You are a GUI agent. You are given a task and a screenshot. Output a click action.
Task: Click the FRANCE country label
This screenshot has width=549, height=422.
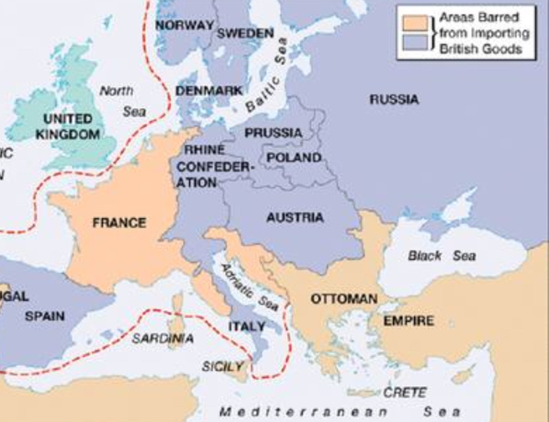pyautogui.click(x=119, y=222)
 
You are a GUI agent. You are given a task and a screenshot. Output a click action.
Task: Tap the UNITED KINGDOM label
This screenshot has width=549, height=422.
pyautogui.click(x=67, y=126)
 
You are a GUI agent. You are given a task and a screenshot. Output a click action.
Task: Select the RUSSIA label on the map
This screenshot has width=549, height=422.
pyautogui.click(x=393, y=99)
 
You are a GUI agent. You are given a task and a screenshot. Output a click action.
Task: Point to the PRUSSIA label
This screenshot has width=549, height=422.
pyautogui.click(x=274, y=133)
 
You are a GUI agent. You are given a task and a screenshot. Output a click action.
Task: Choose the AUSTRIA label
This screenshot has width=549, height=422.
pyautogui.click(x=295, y=217)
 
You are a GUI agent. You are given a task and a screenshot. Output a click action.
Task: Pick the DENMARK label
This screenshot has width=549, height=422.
pyautogui.click(x=209, y=91)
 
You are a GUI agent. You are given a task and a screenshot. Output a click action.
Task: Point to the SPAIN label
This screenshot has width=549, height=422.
pyautogui.click(x=44, y=316)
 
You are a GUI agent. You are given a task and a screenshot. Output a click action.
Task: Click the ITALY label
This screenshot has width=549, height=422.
pyautogui.click(x=246, y=325)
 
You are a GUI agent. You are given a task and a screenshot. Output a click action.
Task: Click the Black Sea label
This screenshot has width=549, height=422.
pyautogui.click(x=442, y=256)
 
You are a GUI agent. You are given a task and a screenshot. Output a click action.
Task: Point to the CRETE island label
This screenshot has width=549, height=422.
pyautogui.click(x=405, y=392)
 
